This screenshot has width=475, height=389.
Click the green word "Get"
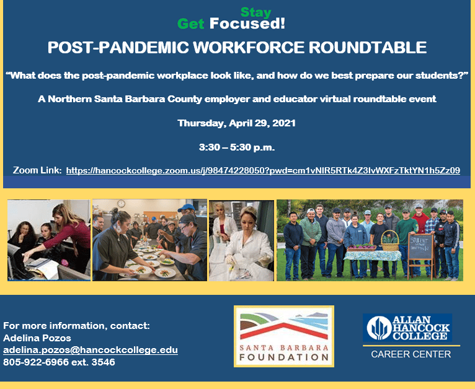point(191,24)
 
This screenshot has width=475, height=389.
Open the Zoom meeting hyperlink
point(263,170)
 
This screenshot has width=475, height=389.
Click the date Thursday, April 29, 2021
point(236,123)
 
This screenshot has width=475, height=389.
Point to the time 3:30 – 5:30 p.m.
point(236,147)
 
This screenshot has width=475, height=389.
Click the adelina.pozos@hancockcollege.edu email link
point(91,350)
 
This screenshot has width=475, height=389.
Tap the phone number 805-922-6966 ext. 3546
point(59,362)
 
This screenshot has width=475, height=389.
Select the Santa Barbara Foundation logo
point(284,336)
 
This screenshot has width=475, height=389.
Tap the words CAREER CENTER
point(411,354)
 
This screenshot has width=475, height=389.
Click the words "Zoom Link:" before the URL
point(37,170)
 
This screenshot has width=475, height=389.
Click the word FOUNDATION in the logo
point(283,357)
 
